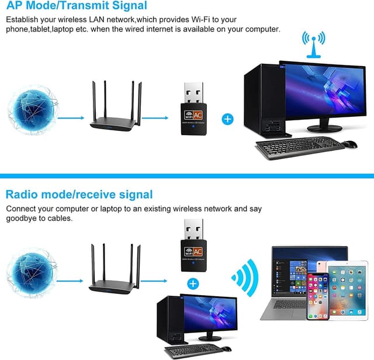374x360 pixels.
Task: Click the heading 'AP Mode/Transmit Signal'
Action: click(77, 6)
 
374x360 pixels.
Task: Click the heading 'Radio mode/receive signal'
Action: click(79, 194)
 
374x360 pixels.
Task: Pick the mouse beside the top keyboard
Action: click(349, 144)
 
